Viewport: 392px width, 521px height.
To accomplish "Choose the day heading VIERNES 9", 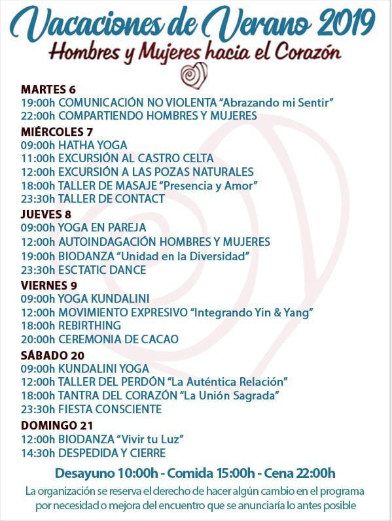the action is coord(49,285).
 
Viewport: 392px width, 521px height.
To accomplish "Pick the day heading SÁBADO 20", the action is coord(52,355).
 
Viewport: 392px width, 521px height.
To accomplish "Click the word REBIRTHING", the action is coord(90,326).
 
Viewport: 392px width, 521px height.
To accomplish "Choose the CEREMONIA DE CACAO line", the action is coord(99,339).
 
